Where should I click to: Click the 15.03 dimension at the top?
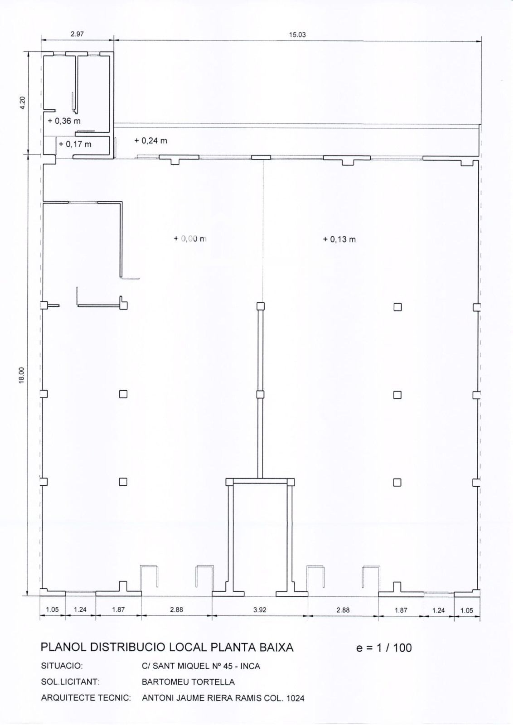tap(297, 34)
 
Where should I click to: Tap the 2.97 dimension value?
tap(77, 34)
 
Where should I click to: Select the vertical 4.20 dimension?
tap(22, 103)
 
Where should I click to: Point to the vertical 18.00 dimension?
tap(22, 376)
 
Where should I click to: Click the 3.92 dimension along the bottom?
tap(260, 610)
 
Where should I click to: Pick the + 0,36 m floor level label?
tap(64, 121)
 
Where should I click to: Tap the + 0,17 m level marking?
tap(75, 144)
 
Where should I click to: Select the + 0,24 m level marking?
tap(151, 140)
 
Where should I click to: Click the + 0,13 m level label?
tap(339, 239)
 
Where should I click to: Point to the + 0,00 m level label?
tap(190, 238)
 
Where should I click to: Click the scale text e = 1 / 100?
tap(384, 648)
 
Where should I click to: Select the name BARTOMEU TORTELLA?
tap(188, 682)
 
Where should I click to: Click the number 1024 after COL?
tap(295, 698)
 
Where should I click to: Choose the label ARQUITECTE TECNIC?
tap(86, 697)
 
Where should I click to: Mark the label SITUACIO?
tap(62, 666)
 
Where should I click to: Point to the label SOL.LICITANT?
tap(70, 681)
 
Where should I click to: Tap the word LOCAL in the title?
tap(189, 647)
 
